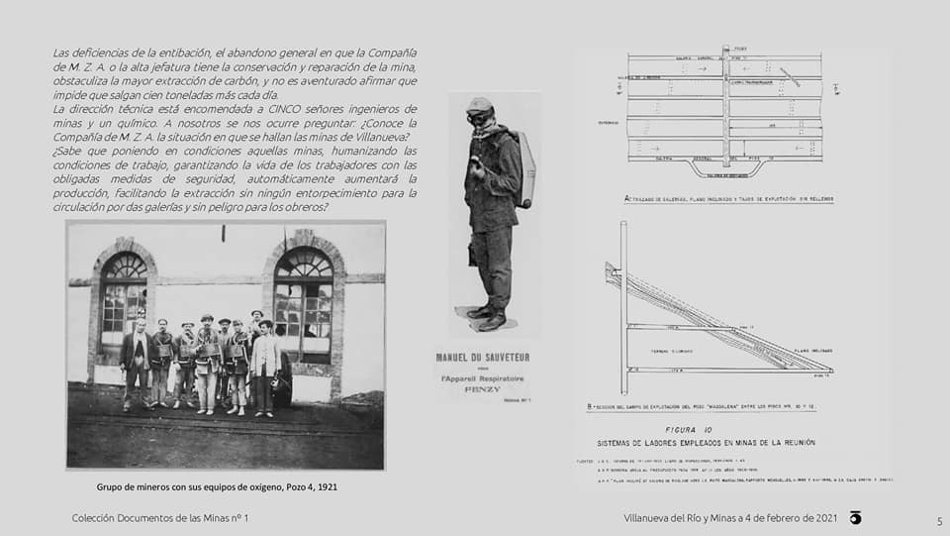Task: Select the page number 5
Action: coord(939,521)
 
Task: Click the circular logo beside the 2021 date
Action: coord(855,518)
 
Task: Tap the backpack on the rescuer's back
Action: coord(524,169)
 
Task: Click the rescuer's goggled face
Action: coord(479,117)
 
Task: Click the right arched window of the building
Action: coord(303,297)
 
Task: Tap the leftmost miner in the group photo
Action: coord(136,362)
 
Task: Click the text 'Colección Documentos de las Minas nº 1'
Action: coord(160,518)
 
